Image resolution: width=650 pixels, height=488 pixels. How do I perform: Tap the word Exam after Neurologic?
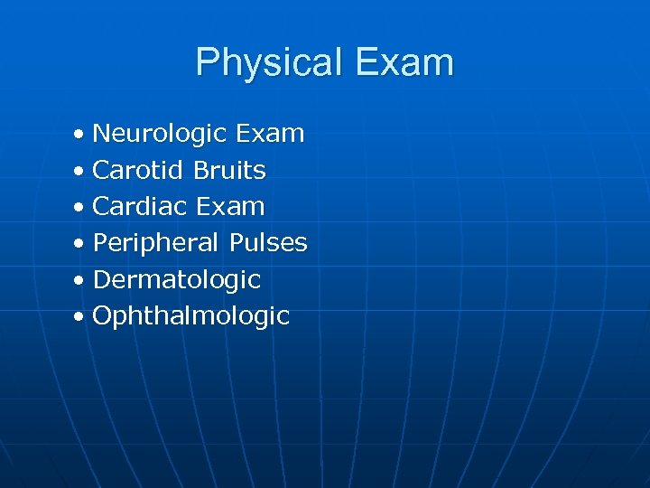click(269, 135)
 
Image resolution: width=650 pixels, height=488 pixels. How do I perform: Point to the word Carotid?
click(137, 170)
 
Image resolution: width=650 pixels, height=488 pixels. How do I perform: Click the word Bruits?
click(230, 170)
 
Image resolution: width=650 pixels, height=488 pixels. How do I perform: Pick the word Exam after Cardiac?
click(229, 207)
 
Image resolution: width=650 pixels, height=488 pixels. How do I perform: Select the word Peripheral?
click(156, 243)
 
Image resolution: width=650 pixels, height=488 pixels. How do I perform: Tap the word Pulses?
click(268, 243)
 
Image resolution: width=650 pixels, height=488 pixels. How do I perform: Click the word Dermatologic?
click(177, 280)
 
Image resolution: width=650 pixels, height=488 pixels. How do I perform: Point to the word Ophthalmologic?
click(191, 316)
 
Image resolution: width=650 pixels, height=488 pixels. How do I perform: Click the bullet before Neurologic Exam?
click(80, 136)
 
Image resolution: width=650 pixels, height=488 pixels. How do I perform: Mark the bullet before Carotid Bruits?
click(80, 172)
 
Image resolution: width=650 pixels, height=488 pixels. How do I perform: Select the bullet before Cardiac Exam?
click(80, 208)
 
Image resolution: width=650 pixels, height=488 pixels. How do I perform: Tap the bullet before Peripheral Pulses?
click(80, 244)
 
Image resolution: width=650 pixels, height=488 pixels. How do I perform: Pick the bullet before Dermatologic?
click(80, 281)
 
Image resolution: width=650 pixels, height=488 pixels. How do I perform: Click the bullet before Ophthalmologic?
click(80, 317)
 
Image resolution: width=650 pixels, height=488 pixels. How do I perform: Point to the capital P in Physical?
click(207, 63)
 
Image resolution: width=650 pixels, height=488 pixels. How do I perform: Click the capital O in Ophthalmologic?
click(102, 316)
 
